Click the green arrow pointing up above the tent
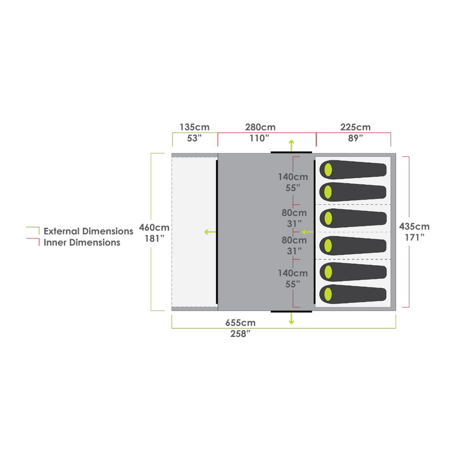(x=291, y=143)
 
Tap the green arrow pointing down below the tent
(x=291, y=320)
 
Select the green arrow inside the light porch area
(x=210, y=232)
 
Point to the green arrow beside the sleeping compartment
(x=308, y=232)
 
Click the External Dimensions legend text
(x=88, y=231)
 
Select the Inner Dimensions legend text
(x=82, y=243)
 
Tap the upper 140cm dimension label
(x=293, y=182)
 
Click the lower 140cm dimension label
(x=293, y=279)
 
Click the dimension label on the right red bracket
(x=414, y=231)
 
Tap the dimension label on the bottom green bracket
(x=240, y=328)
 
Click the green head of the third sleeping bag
(x=328, y=218)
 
